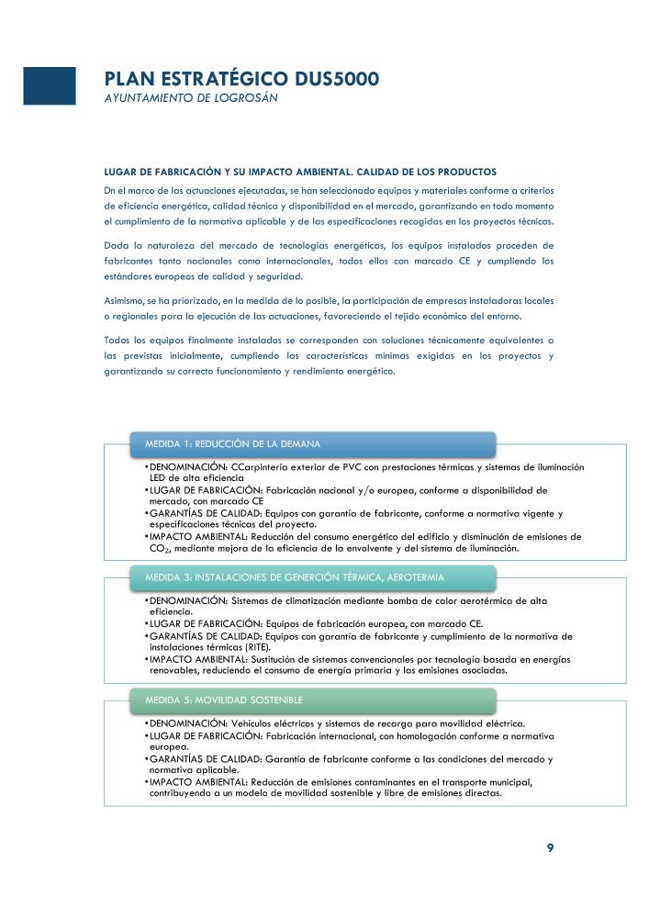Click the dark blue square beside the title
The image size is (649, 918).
[x=49, y=85]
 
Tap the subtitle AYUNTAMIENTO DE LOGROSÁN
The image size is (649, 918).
[x=191, y=97]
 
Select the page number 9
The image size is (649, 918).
[x=550, y=847]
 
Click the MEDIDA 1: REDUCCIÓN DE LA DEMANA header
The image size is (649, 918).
[x=232, y=444]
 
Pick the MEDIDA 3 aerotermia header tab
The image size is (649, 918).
[x=294, y=577]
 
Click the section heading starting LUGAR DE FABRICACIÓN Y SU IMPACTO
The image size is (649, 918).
[x=300, y=172]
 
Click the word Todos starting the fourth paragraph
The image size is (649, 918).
[x=118, y=340]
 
